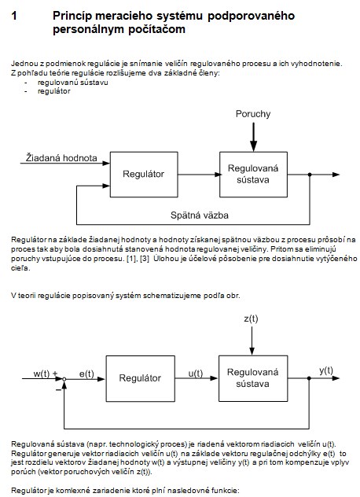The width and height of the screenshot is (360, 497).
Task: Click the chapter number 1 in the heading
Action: [x=14, y=16]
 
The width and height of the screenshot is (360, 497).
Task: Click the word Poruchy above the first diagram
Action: [x=253, y=114]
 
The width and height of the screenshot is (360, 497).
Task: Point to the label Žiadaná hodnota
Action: [x=61, y=157]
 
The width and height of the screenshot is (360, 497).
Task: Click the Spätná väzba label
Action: [x=200, y=215]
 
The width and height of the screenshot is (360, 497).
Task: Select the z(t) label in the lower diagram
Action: [x=251, y=318]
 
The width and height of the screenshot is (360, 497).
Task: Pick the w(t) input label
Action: [x=42, y=374]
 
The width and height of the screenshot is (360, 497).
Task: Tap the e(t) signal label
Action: [x=86, y=374]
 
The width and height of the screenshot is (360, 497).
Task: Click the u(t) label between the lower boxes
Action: [x=196, y=374]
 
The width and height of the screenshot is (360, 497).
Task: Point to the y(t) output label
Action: [x=326, y=370]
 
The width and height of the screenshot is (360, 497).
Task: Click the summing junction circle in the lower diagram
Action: [x=64, y=379]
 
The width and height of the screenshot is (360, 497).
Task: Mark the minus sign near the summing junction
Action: [x=58, y=390]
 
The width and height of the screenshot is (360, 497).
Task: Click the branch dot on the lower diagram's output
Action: [x=309, y=378]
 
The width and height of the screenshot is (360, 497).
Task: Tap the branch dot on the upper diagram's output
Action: [x=310, y=175]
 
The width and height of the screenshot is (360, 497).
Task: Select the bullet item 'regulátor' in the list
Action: [x=54, y=91]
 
